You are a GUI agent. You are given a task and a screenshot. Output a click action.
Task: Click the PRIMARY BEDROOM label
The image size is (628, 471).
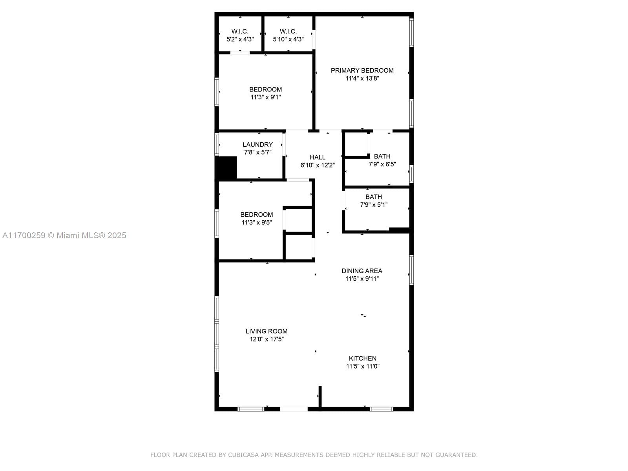(x=362, y=71)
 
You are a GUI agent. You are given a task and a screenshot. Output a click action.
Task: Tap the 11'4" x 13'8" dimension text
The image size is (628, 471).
(x=362, y=78)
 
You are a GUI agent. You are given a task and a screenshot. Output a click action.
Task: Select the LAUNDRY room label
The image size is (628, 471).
(x=257, y=145)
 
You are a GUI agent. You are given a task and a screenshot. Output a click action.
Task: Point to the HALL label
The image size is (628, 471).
(x=318, y=157)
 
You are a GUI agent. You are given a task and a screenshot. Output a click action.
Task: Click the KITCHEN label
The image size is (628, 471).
(x=363, y=358)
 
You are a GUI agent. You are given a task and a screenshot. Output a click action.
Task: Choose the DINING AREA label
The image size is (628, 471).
(x=362, y=271)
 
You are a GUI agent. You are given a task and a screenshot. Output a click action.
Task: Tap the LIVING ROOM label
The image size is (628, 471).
(x=267, y=331)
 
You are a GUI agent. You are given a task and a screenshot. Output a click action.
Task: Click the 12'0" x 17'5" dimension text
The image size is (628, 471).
(x=267, y=339)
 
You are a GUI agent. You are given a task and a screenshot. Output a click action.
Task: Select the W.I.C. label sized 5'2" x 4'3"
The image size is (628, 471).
(x=240, y=31)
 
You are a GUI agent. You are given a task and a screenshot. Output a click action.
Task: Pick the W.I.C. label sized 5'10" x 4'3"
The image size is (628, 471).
(x=288, y=31)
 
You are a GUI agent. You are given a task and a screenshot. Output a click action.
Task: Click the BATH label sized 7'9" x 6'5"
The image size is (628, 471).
(x=382, y=156)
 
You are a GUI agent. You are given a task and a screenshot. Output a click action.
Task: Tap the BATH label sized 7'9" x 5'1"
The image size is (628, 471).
(x=374, y=197)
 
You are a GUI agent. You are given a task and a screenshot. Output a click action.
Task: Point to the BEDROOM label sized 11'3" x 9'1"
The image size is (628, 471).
(x=265, y=89)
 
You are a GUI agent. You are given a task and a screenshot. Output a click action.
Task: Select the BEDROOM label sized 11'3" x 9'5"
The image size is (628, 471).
(x=257, y=215)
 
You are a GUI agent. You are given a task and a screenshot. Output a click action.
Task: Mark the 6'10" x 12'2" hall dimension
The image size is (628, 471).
(x=318, y=165)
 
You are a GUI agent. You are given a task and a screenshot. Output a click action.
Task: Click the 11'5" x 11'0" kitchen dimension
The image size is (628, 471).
(x=363, y=366)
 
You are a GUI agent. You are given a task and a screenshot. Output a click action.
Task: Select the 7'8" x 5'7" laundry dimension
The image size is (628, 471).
(x=257, y=152)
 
